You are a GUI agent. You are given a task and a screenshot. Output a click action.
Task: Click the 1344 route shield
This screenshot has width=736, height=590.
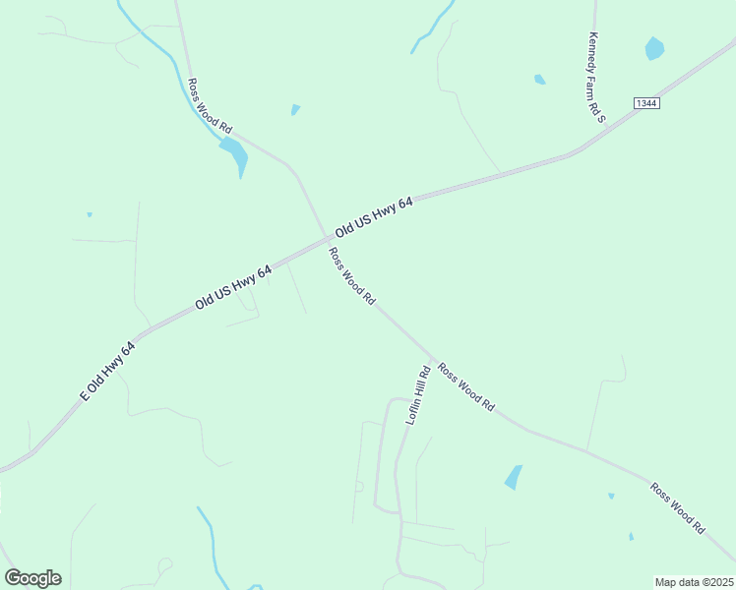645,103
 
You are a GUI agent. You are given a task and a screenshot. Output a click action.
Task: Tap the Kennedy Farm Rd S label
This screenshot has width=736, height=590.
596,77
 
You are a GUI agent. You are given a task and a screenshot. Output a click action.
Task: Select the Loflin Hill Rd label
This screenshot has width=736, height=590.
418,394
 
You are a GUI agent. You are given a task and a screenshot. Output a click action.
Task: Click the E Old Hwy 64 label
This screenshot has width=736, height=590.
107,371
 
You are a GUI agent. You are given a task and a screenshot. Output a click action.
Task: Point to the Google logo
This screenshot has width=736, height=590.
32,578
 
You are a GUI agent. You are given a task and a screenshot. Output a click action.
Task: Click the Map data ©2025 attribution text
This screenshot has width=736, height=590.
694,582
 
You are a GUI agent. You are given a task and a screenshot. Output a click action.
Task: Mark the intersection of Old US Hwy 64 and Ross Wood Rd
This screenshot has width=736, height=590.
326,237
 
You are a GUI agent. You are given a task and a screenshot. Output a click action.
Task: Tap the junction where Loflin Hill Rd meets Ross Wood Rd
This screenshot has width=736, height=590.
433,356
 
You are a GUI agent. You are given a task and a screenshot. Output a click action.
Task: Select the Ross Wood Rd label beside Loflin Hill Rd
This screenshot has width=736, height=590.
466,386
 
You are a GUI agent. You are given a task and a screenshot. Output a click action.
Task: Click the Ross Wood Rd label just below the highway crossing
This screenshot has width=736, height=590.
352,275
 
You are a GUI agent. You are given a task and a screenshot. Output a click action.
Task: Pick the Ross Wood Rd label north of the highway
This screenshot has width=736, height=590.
210,106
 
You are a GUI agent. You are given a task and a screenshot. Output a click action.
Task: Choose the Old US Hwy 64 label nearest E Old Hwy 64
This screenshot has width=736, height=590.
233,287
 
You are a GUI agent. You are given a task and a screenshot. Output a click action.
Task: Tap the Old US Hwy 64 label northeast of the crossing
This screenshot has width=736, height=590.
374,217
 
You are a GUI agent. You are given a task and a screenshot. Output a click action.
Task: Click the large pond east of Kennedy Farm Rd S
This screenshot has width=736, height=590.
654,47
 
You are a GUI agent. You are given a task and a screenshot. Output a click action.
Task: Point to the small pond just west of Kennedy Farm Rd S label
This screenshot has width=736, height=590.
539,79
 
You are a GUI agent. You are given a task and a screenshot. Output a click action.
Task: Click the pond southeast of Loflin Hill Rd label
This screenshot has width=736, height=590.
514,477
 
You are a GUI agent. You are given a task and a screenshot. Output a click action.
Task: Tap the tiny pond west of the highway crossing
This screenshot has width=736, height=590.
90,214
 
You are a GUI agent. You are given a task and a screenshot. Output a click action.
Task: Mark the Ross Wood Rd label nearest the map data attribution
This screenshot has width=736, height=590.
678,507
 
